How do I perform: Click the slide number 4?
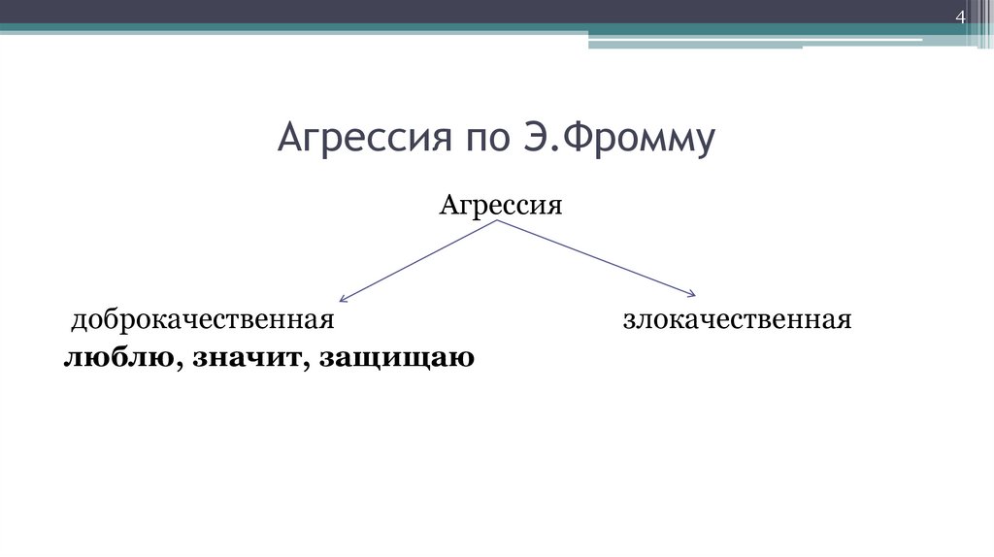point(960,17)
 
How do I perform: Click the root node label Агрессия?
point(501,205)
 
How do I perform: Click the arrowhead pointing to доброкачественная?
point(343,298)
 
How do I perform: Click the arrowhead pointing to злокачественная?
point(692,292)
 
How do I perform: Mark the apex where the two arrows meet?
point(500,221)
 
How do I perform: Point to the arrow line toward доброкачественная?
point(420,260)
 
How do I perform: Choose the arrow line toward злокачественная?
point(597,256)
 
